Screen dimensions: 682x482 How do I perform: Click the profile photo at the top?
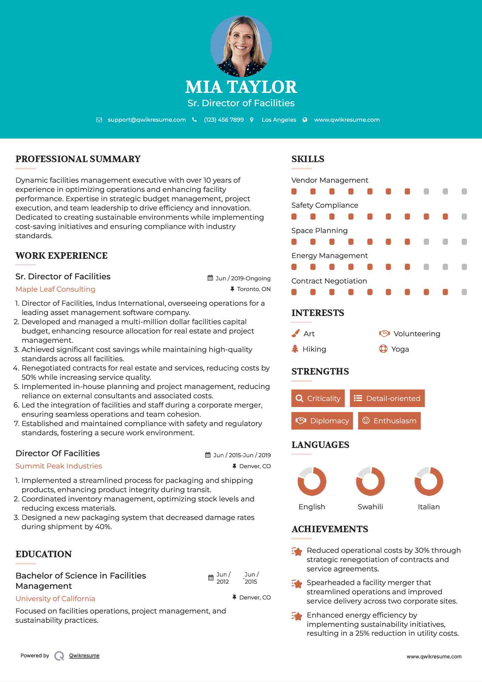pyautogui.click(x=241, y=46)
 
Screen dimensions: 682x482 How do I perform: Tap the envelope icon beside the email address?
pyautogui.click(x=99, y=120)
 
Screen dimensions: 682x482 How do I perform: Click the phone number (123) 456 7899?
pyautogui.click(x=224, y=120)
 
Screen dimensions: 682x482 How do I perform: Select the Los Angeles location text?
pyautogui.click(x=279, y=120)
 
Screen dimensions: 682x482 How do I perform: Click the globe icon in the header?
pyautogui.click(x=305, y=120)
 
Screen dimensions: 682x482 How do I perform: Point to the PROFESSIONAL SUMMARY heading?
pyautogui.click(x=78, y=159)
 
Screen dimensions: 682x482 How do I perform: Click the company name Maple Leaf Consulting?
pyautogui.click(x=55, y=289)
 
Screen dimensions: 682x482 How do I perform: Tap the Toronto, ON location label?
pyautogui.click(x=254, y=289)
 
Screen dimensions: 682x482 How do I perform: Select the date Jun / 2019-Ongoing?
pyautogui.click(x=243, y=278)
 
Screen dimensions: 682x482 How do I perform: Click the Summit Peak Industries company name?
pyautogui.click(x=59, y=466)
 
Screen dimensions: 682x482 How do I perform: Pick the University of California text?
pyautogui.click(x=55, y=599)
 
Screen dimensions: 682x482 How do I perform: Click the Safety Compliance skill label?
pyautogui.click(x=325, y=205)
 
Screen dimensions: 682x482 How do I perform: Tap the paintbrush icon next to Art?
pyautogui.click(x=295, y=333)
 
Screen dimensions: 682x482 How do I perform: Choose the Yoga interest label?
pyautogui.click(x=400, y=349)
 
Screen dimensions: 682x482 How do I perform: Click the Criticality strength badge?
pyautogui.click(x=318, y=398)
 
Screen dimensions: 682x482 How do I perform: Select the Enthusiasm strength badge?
pyautogui.click(x=389, y=421)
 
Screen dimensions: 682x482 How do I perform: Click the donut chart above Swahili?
pyautogui.click(x=370, y=481)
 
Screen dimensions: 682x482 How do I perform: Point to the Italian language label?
pyautogui.click(x=429, y=507)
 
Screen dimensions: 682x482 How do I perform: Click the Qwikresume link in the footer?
pyautogui.click(x=84, y=656)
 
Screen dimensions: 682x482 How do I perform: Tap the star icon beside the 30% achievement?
pyautogui.click(x=297, y=551)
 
